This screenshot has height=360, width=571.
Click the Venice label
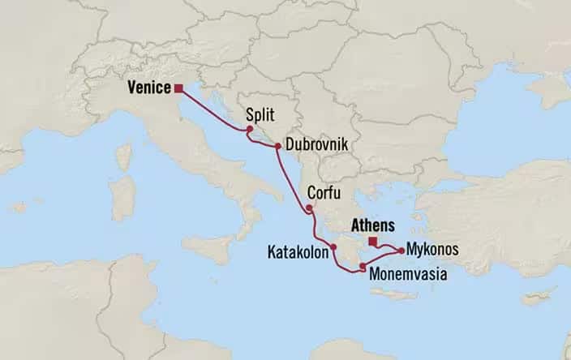pyautogui.click(x=150, y=88)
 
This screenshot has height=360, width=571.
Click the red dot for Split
pyautogui.click(x=250, y=129)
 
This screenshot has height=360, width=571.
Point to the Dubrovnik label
pyautogui.click(x=316, y=146)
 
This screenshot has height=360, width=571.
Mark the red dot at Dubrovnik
pyautogui.click(x=278, y=147)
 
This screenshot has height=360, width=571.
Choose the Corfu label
pyautogui.click(x=324, y=194)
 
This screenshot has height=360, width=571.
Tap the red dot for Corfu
pyautogui.click(x=310, y=208)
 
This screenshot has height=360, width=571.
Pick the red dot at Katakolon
pyautogui.click(x=333, y=246)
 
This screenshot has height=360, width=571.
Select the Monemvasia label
pyautogui.click(x=408, y=275)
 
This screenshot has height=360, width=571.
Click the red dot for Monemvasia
pyautogui.click(x=362, y=267)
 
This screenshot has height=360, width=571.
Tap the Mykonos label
pyautogui.click(x=434, y=249)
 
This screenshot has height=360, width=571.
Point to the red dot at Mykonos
pyautogui.click(x=401, y=250)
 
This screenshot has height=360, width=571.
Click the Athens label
pyautogui.click(x=372, y=226)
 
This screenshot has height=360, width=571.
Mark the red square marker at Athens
pyautogui.click(x=372, y=241)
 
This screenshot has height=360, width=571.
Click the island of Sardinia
pyautogui.click(x=122, y=195)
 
